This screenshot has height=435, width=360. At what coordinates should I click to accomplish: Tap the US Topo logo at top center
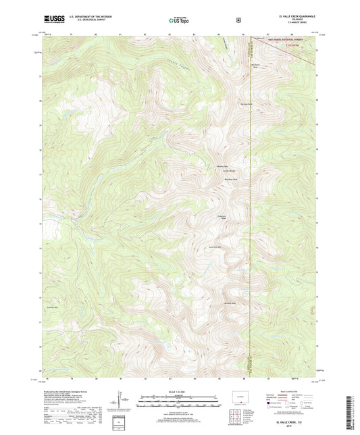pos(179,21)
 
